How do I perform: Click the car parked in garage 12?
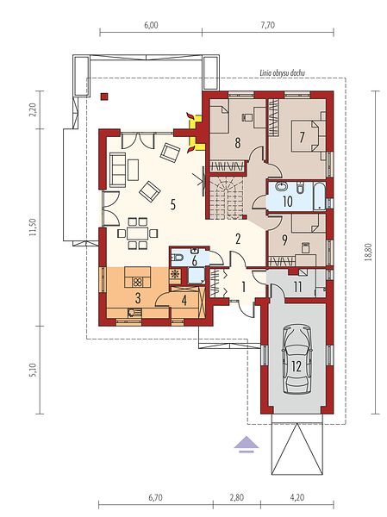297,359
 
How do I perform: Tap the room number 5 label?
172,205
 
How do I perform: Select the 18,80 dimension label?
368,252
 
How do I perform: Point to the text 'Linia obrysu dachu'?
282,73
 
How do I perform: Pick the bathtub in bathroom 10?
319,196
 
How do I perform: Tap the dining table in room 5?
138,234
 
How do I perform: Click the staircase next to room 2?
225,197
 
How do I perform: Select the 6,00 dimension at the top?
151,25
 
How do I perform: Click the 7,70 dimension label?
267,25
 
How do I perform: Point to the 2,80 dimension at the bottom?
236,507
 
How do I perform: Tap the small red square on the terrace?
104,97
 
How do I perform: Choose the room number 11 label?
297,287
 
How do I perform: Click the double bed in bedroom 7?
305,135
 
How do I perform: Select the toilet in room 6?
177,258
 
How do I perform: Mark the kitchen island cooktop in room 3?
138,282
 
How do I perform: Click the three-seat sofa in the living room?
117,170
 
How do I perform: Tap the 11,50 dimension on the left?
32,227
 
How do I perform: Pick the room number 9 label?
284,240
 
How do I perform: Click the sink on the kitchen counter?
134,312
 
